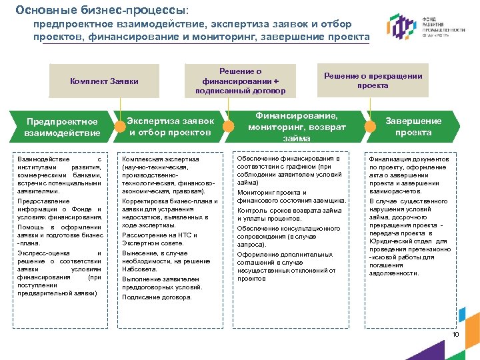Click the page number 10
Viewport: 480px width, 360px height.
click(456, 334)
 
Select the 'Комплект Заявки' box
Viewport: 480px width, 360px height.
click(104, 81)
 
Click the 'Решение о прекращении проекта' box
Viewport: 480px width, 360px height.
click(373, 81)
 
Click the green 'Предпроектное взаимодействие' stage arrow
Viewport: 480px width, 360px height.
click(61, 127)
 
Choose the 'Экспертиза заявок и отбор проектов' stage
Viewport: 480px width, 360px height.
click(171, 127)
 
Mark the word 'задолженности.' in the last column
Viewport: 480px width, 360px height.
click(394, 273)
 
